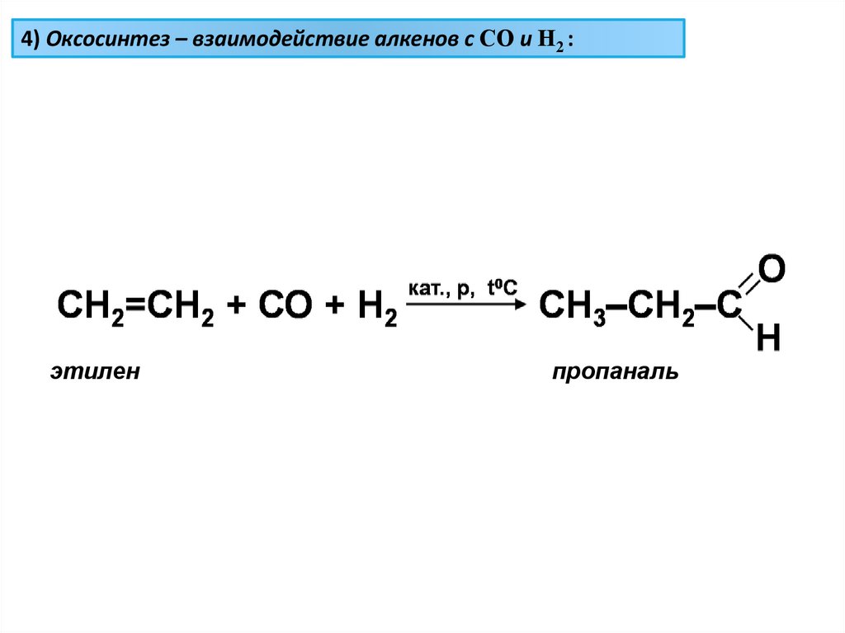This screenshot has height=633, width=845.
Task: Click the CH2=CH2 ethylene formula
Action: coord(135,306)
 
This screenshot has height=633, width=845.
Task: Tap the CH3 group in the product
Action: coord(572,306)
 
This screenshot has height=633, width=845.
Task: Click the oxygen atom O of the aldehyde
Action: coord(771,268)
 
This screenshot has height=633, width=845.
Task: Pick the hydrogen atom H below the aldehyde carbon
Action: coord(767,339)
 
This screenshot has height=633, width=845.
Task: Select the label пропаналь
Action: coord(616,373)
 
